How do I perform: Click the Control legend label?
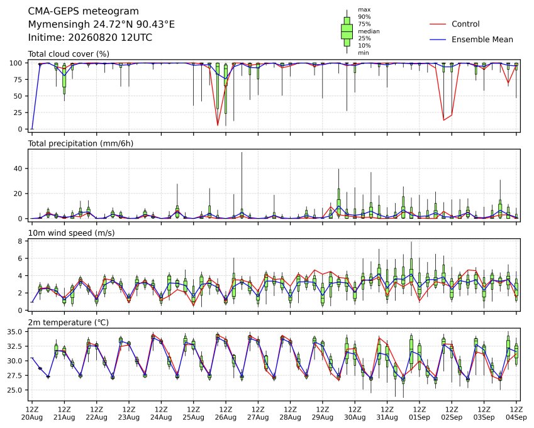[x=465, y=24]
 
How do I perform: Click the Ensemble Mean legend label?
[x=482, y=40]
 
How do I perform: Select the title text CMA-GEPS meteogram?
[x=84, y=11]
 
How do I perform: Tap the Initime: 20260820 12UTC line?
[x=90, y=38]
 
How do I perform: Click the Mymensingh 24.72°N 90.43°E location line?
[x=101, y=25]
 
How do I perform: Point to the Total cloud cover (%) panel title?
[x=69, y=54]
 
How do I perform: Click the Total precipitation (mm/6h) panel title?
[x=81, y=143]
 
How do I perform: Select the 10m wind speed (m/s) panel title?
[x=71, y=233]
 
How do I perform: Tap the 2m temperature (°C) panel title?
[x=68, y=322]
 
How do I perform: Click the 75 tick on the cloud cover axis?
[x=18, y=80]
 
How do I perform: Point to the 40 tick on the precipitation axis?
[x=18, y=169]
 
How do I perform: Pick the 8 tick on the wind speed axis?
[x=20, y=241]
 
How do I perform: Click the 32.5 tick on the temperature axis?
[x=15, y=346]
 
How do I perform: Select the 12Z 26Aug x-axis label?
[x=225, y=414]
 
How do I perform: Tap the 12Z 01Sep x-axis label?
[x=420, y=414]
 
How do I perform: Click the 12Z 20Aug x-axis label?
[x=32, y=414]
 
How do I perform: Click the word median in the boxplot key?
[x=369, y=31]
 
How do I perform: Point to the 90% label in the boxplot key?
[x=364, y=17]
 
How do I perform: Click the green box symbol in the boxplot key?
[x=347, y=31]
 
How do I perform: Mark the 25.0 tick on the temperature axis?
[x=15, y=390]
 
